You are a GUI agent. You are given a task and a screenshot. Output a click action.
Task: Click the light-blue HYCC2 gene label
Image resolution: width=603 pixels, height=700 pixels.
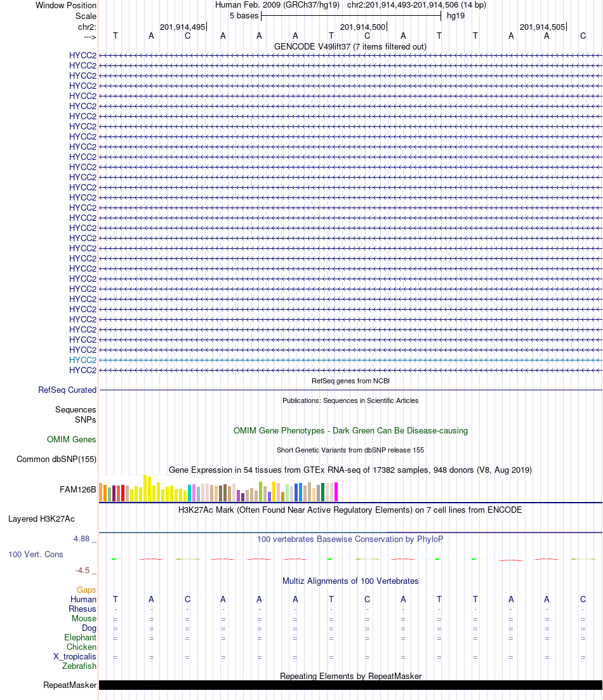[83, 360]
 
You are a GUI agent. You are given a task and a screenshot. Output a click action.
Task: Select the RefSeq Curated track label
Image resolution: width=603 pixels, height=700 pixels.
[67, 390]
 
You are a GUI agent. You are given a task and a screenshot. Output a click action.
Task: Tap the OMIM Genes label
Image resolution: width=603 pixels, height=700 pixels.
[72, 439]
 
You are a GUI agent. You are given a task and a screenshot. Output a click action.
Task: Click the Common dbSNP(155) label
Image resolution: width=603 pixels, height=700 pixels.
[56, 459]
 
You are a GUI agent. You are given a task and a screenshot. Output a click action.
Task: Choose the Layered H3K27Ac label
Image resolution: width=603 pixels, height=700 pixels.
[53, 518]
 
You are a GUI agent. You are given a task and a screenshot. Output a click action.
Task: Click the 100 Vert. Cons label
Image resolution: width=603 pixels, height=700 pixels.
[36, 554]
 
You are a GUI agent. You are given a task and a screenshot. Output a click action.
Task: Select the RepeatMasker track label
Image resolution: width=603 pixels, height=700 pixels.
[70, 685]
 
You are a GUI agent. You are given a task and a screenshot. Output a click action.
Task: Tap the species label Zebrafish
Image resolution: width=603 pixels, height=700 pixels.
[79, 666]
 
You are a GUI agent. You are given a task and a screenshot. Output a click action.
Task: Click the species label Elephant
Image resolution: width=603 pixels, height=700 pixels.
[80, 637]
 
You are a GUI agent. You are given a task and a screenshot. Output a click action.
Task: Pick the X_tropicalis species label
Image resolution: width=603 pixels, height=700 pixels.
[75, 656]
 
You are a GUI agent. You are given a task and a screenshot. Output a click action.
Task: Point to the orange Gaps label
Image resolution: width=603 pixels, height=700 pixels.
[86, 590]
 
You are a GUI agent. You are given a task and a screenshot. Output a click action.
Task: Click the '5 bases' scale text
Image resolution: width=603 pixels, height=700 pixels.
[244, 15]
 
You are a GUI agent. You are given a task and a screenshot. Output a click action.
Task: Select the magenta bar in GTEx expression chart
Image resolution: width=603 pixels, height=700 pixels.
[336, 492]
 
